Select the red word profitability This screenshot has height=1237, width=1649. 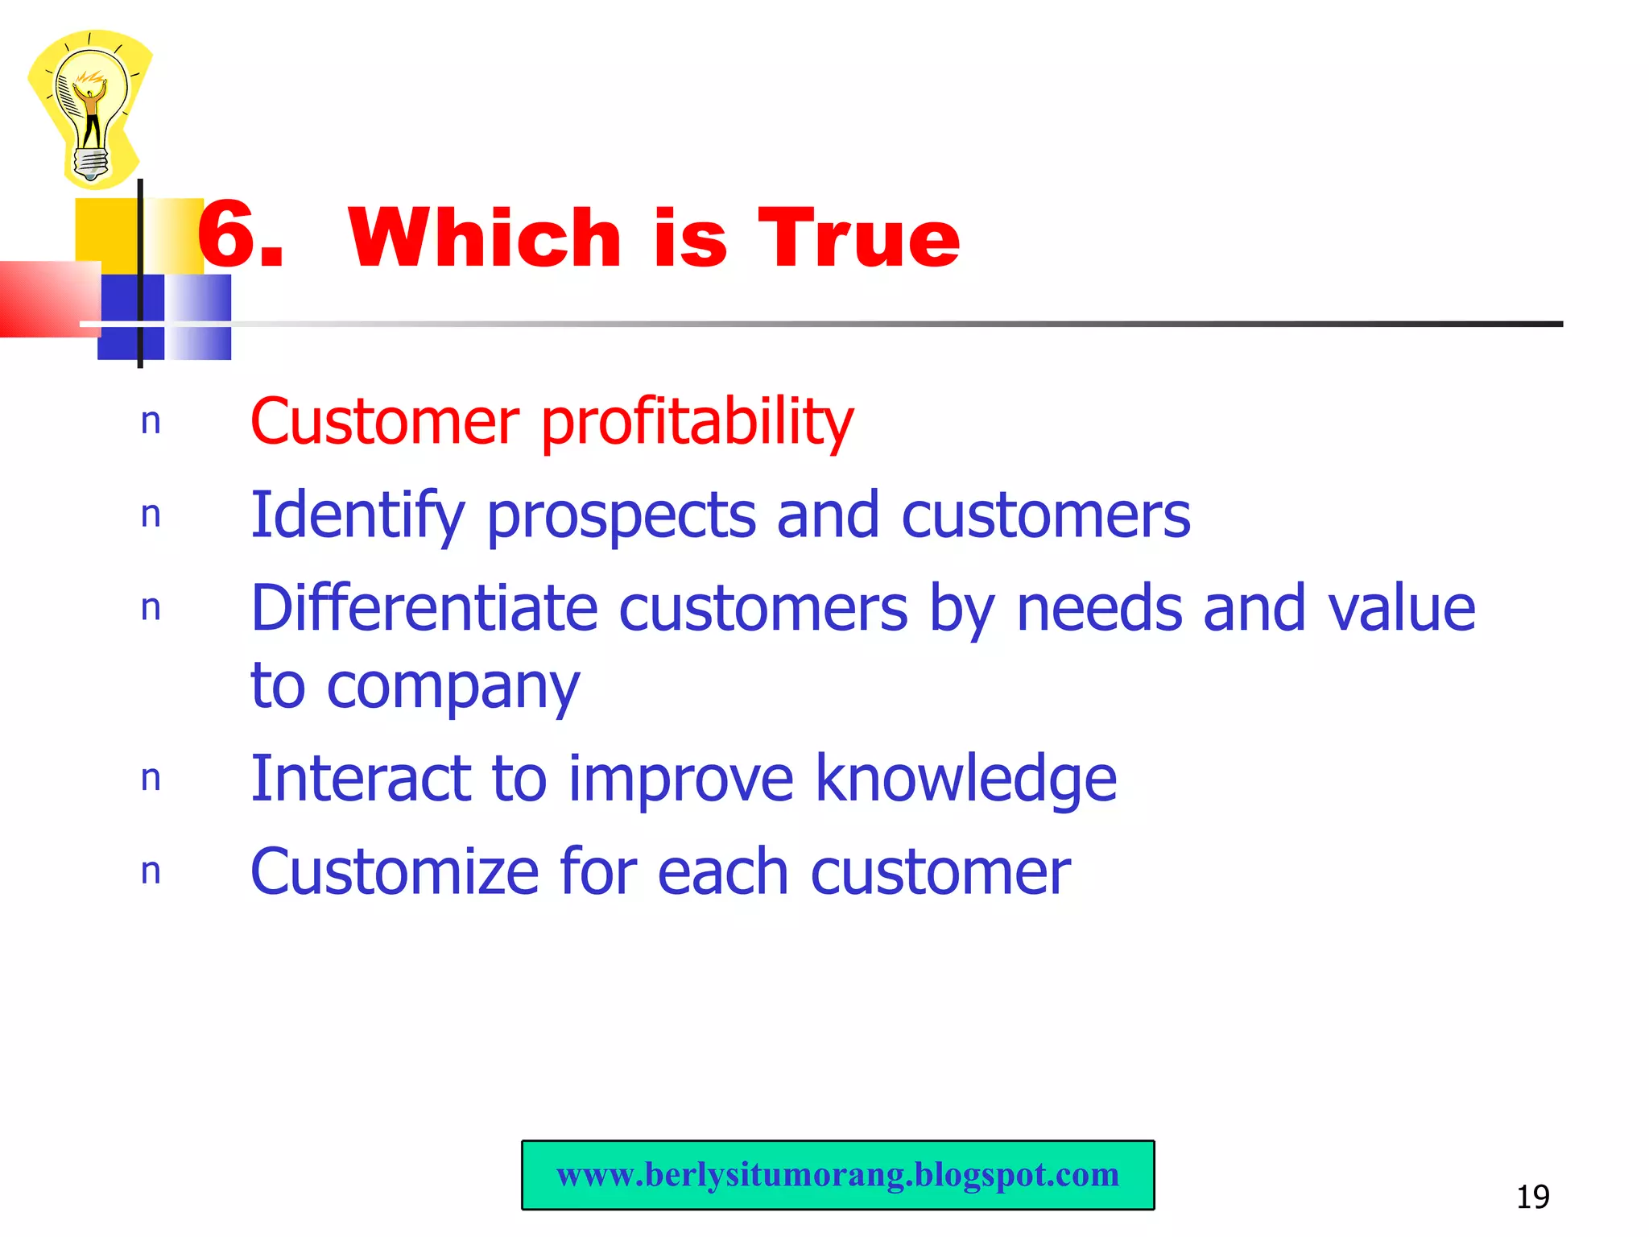point(696,423)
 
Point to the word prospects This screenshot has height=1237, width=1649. point(621,517)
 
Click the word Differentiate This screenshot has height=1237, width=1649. point(424,608)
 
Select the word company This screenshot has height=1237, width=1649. point(453,689)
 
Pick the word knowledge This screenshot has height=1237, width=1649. point(965,780)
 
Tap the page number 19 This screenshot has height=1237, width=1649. point(1532,1197)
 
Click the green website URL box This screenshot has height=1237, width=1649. point(837,1175)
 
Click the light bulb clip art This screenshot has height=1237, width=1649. point(90,109)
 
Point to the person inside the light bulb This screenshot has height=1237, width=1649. point(91,113)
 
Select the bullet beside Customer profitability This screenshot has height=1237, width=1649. point(151,422)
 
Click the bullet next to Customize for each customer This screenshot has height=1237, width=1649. point(151,872)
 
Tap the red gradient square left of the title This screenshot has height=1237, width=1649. point(48,298)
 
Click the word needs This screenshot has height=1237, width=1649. point(1099,608)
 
